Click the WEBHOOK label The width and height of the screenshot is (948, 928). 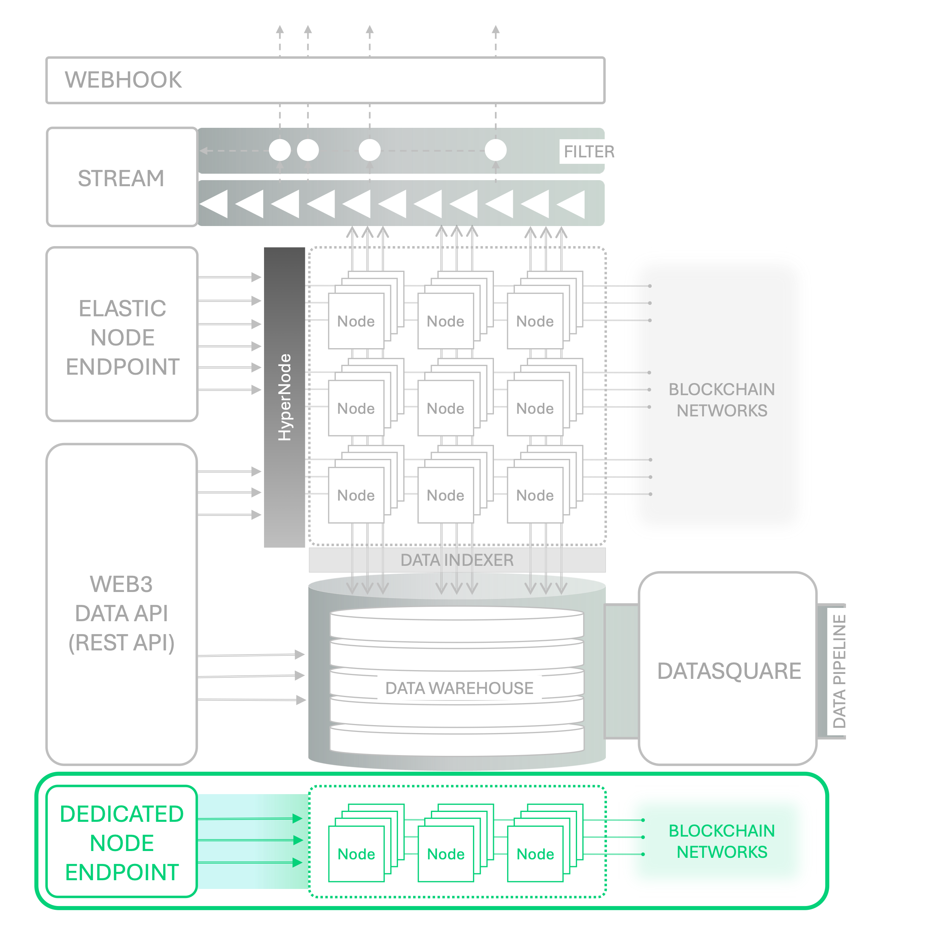click(123, 80)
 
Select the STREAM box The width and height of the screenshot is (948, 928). click(121, 177)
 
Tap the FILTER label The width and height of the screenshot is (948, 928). click(589, 152)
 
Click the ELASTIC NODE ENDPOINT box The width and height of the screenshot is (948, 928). click(122, 337)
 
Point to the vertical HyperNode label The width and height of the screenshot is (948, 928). click(284, 397)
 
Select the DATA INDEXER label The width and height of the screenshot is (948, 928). click(457, 560)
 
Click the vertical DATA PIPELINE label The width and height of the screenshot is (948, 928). click(839, 671)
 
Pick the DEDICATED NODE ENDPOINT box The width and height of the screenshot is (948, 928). click(122, 843)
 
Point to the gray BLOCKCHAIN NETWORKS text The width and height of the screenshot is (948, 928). click(722, 400)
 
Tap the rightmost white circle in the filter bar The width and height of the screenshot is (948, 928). click(495, 150)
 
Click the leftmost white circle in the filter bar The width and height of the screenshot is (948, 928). click(280, 150)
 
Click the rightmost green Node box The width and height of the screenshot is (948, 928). click(535, 854)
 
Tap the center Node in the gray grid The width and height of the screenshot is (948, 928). click(446, 408)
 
